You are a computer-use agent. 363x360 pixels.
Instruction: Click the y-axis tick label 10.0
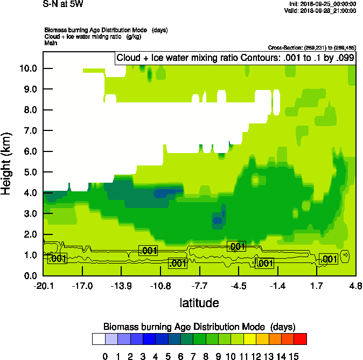click(x=26, y=68)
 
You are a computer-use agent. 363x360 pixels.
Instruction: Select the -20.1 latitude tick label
click(x=43, y=286)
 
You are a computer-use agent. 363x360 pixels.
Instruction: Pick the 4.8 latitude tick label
click(x=355, y=286)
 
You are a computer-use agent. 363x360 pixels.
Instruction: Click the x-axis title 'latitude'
click(x=199, y=303)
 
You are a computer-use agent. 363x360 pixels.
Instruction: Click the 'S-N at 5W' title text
click(x=63, y=4)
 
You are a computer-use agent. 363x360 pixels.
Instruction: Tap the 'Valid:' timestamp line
click(x=320, y=10)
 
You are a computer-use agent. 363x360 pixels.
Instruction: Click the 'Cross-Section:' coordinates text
click(x=312, y=48)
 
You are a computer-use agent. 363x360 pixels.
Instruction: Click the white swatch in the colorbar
click(x=98, y=339)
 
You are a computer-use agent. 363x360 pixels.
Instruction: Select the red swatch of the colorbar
click(x=301, y=339)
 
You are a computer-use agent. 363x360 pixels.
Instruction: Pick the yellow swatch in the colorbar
click(x=238, y=339)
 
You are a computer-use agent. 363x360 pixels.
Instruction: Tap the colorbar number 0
click(x=105, y=356)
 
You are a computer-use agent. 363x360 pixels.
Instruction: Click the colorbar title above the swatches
click(x=199, y=327)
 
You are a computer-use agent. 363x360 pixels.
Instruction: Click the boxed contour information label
click(x=235, y=58)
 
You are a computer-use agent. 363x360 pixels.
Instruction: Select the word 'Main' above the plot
click(x=51, y=43)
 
